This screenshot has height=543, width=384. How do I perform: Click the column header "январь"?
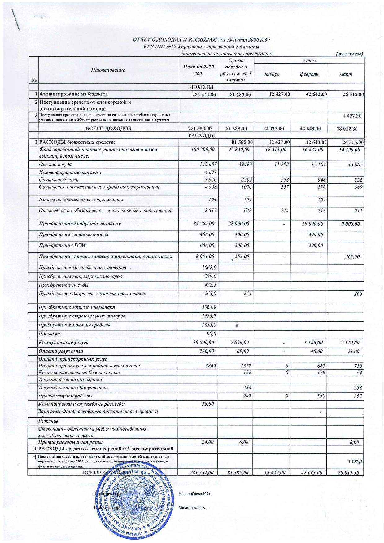tap(272, 75)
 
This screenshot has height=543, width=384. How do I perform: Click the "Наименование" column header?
tap(108, 70)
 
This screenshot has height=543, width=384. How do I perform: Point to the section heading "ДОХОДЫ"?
tap(201, 88)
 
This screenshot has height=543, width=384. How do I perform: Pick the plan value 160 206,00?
tap(203, 149)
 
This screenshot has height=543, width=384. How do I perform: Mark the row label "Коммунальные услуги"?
tap(63, 342)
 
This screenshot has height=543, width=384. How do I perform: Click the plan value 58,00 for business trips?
tap(208, 404)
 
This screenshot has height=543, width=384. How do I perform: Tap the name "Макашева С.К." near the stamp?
tap(192, 508)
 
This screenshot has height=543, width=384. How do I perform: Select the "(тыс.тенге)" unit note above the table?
tap(349, 54)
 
